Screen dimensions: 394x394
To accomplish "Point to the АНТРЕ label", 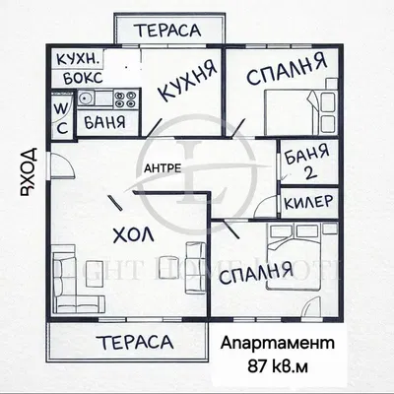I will (162, 166).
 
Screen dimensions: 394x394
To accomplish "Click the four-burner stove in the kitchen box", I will (124, 98).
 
